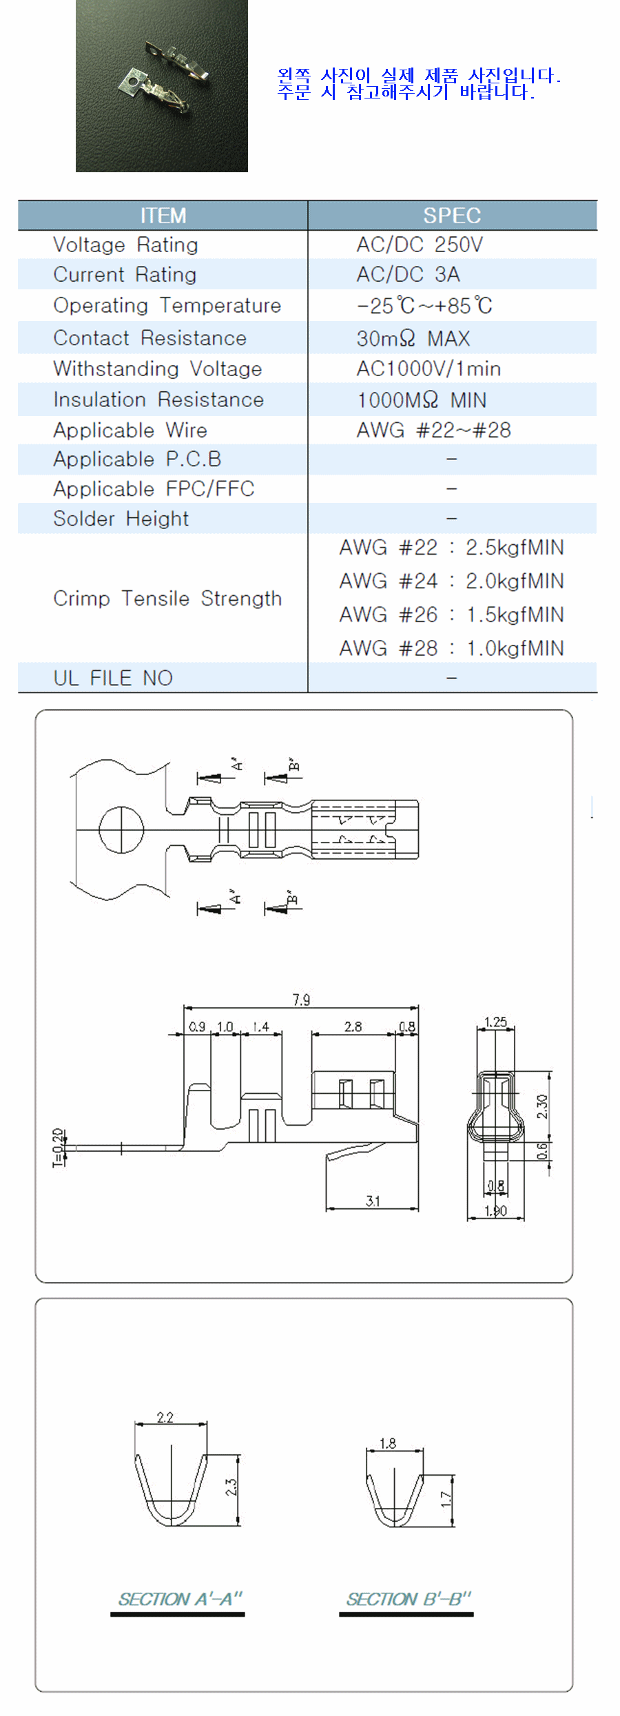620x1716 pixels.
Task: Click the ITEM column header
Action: coord(163,216)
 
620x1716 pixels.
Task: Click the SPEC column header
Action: coord(452,216)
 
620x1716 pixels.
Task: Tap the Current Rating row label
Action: coord(125,274)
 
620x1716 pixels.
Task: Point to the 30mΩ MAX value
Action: coord(413,338)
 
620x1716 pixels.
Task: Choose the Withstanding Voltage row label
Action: coord(158,369)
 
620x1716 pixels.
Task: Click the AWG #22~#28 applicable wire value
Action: coord(433,430)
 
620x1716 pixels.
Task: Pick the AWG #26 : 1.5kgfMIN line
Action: coord(451,614)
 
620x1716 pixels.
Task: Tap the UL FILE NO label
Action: coord(113,678)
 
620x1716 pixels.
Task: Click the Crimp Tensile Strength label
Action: coord(167,598)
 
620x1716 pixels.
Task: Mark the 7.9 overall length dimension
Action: coord(301,1000)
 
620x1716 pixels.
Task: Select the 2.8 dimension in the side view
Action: coord(353,1026)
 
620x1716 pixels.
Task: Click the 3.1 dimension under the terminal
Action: coord(373,1201)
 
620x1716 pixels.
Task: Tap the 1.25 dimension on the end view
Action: coord(495,1022)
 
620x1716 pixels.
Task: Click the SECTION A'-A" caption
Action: coord(180,1598)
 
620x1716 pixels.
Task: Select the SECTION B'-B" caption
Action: coord(409,1598)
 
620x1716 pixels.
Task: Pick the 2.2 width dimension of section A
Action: coord(165,1417)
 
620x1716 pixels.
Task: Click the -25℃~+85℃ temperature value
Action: coord(424,305)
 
